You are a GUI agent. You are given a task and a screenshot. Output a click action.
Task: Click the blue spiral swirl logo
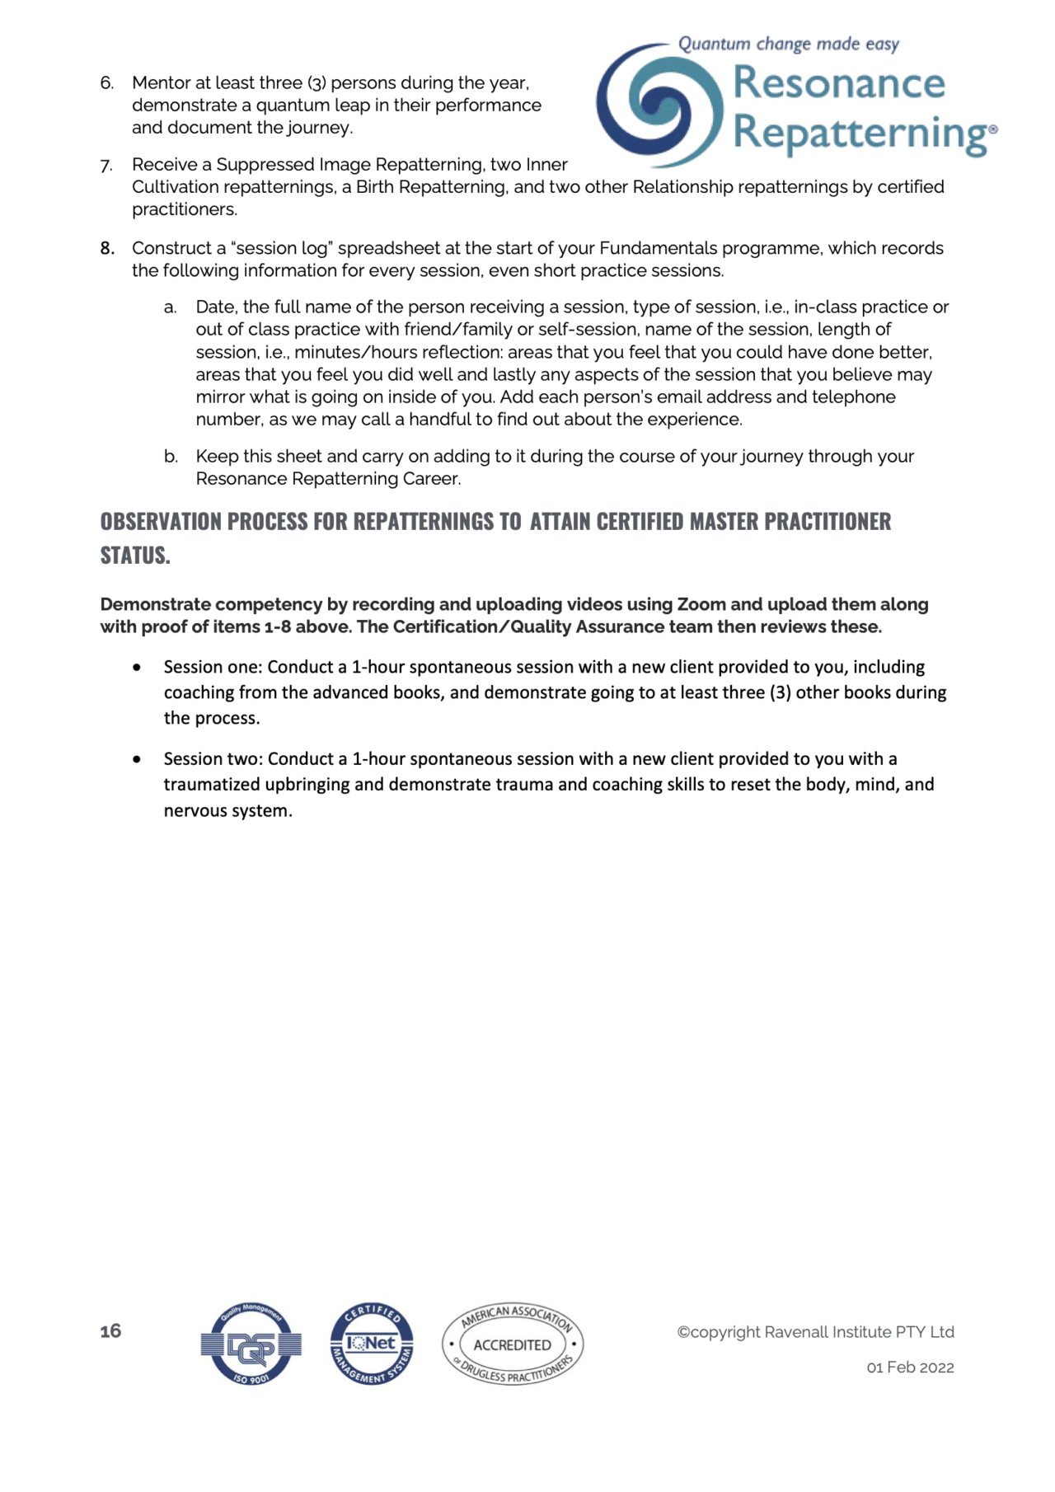pos(659,106)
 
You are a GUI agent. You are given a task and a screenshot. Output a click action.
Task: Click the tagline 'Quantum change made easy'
pos(788,44)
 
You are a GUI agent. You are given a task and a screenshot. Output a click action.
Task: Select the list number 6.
pos(107,83)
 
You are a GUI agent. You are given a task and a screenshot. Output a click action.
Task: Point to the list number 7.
pos(107,166)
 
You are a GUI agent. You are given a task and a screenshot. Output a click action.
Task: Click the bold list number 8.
pos(107,249)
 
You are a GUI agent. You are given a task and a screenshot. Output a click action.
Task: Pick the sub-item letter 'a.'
pos(171,307)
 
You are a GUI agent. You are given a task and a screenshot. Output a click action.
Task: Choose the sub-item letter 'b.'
pos(171,457)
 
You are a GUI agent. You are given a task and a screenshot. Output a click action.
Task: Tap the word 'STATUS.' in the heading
pos(135,556)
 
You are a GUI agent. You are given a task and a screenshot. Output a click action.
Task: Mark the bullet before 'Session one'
pos(137,667)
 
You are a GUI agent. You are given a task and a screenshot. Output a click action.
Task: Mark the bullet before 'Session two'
pos(137,758)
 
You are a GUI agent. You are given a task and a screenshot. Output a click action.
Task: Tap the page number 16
pos(110,1330)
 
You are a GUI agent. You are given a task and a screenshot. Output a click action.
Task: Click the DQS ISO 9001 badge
pos(251,1344)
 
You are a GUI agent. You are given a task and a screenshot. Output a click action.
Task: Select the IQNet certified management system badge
pos(372,1344)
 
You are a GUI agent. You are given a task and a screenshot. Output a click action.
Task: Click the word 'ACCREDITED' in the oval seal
pos(512,1344)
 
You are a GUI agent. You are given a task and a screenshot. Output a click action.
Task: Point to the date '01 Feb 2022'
pos(910,1368)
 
